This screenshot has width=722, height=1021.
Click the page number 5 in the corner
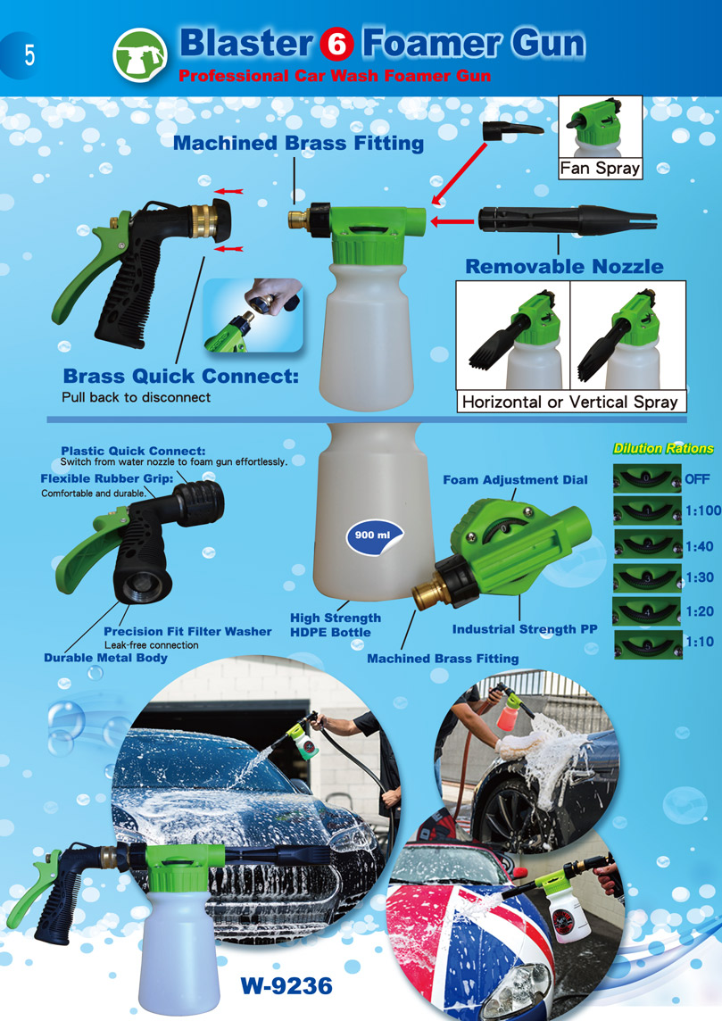point(30,55)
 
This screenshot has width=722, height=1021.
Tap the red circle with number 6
point(337,45)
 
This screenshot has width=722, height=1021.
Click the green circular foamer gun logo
point(140,54)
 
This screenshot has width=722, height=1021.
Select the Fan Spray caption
point(600,169)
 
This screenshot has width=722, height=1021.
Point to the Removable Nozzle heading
point(564,266)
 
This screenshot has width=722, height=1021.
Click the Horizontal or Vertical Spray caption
point(570,402)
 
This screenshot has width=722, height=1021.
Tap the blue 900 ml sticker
point(374,535)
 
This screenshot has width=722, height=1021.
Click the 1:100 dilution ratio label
point(702,510)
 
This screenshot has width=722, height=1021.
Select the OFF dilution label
point(697,479)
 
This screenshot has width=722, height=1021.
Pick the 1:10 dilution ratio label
point(699,642)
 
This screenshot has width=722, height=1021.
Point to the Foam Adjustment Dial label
point(515,480)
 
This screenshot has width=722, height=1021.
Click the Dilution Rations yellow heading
point(663,449)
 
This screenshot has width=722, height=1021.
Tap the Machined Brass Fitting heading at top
point(298,144)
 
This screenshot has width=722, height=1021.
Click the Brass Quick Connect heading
point(181,377)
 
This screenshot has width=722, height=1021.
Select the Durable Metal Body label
point(105,658)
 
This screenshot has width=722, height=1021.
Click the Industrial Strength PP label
point(525,630)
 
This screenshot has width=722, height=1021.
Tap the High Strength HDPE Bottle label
point(336,625)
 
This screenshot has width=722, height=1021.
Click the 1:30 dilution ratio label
point(699,577)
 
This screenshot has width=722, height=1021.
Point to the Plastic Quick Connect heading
point(133,451)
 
